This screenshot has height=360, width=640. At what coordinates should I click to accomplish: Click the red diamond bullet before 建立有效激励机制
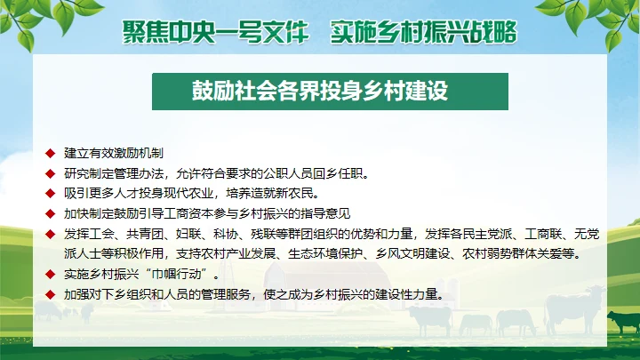(51, 153)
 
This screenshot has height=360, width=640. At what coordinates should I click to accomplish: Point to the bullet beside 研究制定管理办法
(51, 172)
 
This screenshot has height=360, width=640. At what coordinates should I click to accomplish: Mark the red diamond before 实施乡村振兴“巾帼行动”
(51, 274)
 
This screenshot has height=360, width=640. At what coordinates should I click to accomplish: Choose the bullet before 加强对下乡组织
(51, 293)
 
